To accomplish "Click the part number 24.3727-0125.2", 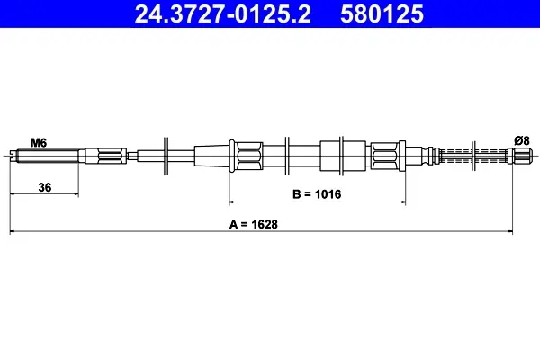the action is coord(222,14).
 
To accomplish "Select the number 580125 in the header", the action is coord(382,14).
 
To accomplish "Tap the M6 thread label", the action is coord(39,142).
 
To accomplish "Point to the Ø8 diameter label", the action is coord(522,140).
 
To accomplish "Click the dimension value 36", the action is coord(45,187).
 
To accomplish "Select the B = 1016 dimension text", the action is coord(317,194).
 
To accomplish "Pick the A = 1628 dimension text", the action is coord(254,224).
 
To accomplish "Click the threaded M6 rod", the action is coord(48,156).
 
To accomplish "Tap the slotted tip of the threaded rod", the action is coord(13,156).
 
